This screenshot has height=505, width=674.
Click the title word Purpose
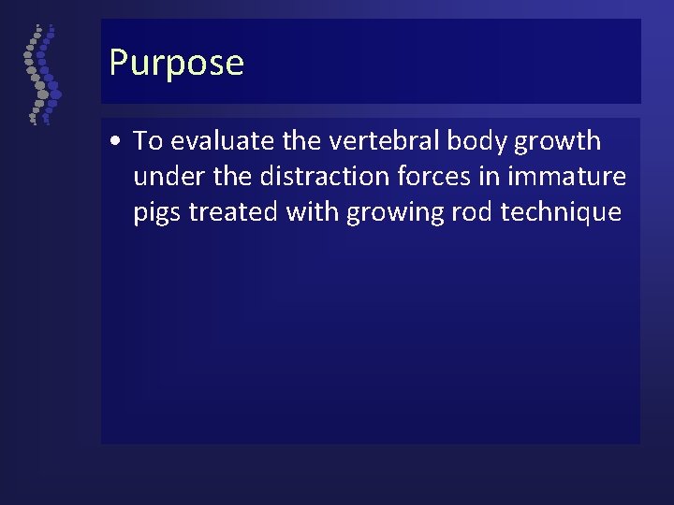pos(176,64)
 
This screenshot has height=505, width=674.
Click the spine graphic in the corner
pos(40,76)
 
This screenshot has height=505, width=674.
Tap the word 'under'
pos(166,177)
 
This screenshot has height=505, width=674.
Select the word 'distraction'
pos(325,177)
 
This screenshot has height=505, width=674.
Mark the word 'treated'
pos(234,212)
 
